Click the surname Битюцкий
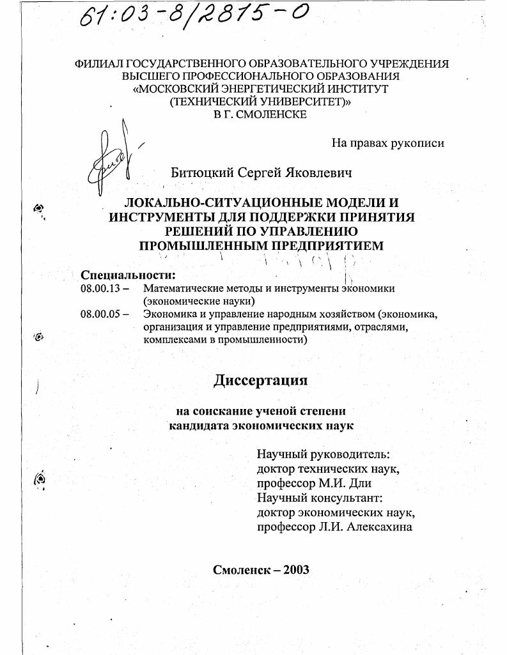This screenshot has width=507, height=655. click(202, 173)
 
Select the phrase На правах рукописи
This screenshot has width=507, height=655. click(387, 143)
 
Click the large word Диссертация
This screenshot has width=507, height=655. click(260, 380)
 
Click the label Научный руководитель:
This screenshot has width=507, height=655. click(322, 454)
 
